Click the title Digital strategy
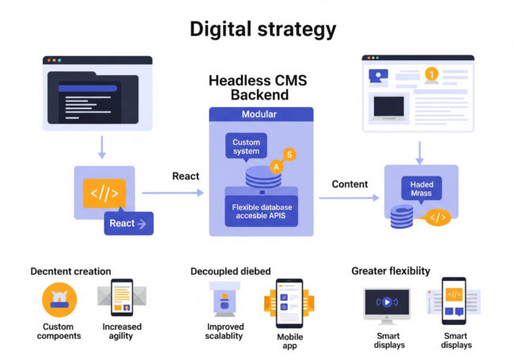pos(263,30)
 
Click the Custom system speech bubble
pos(246,146)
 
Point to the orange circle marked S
pos(289,154)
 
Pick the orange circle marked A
pos(276,166)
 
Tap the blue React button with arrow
pos(128,223)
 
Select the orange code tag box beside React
pos(104,193)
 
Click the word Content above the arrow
pos(350,184)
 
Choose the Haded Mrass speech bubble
pos(421,188)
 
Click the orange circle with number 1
pos(431,74)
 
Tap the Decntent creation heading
pos(70,271)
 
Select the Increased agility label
pos(122,331)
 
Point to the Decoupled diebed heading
pos(236,271)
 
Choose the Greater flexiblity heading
pos(391,271)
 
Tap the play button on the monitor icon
pos(387,301)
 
